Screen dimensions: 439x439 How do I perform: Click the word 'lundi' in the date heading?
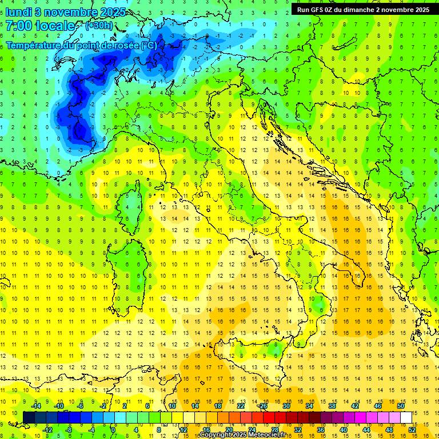18,12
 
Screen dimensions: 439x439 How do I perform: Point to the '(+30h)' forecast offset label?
99,26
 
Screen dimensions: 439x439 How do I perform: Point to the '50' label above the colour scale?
401,406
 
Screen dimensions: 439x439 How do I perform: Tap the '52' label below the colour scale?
412,430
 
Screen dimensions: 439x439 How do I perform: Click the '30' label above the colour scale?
286,406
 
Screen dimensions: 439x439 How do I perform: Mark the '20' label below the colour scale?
229,430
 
